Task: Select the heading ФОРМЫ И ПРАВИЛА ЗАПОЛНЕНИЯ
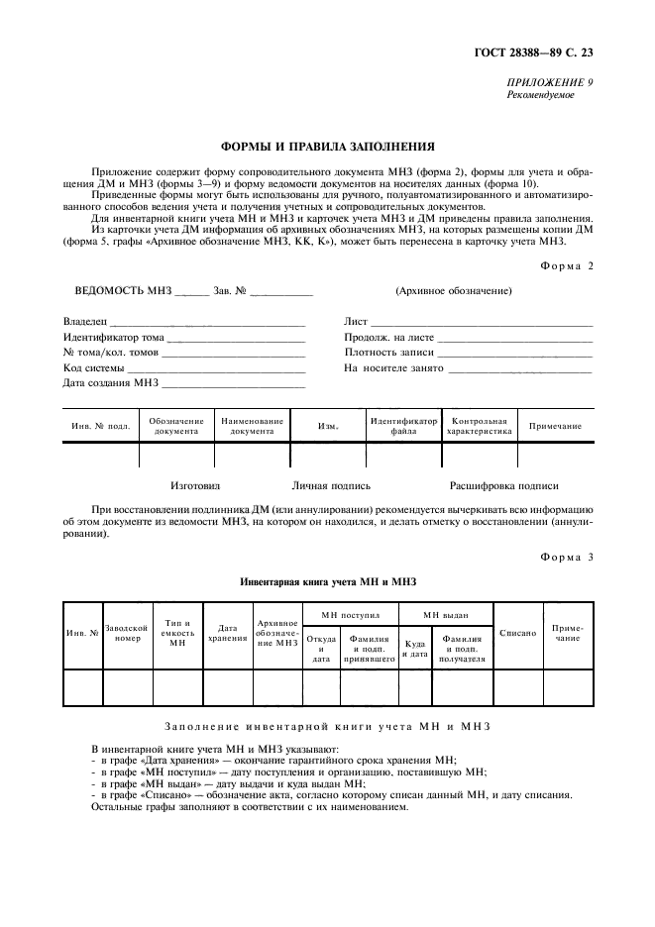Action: tap(327, 145)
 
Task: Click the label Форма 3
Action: tap(566, 557)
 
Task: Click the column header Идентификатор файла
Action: tap(403, 426)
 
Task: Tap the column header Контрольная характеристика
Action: tap(479, 426)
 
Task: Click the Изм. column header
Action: tap(328, 427)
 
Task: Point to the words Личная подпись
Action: tap(331, 486)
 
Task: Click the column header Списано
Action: tap(517, 633)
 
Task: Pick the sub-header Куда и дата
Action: tap(415, 649)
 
